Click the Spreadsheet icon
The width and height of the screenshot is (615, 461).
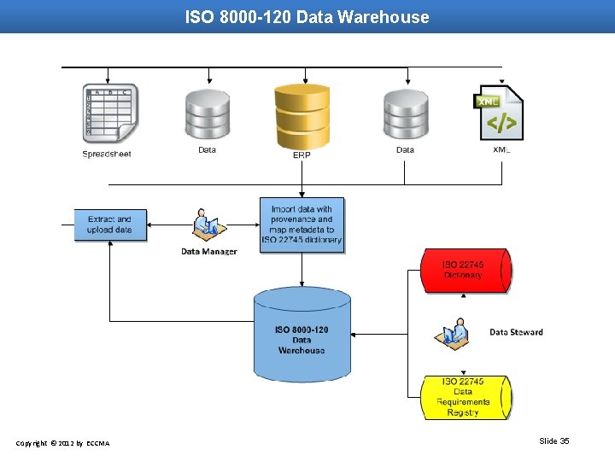pos(109,114)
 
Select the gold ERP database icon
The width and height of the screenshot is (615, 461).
pos(302,116)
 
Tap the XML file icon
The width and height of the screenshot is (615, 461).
pos(500,113)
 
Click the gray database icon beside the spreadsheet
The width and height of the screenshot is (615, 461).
pos(208,114)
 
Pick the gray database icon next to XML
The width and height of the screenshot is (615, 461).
pos(406,114)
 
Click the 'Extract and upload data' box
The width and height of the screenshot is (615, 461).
pos(110,225)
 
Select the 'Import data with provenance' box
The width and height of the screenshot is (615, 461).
pos(302,225)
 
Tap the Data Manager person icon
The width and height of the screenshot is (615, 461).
pos(206,225)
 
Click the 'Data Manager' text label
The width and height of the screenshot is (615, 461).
pos(208,252)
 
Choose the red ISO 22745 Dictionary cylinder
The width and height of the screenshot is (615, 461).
pos(464,271)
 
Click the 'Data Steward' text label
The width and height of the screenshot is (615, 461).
pos(516,332)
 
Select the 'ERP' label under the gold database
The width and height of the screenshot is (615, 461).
pos(302,155)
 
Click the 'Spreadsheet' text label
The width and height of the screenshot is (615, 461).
pos(107,155)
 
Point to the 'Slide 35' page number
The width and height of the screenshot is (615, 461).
pos(553,441)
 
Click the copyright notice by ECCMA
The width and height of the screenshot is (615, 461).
pos(62,443)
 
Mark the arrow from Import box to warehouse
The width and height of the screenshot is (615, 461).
pos(302,269)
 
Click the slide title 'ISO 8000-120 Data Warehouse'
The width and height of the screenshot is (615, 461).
pos(307,17)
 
